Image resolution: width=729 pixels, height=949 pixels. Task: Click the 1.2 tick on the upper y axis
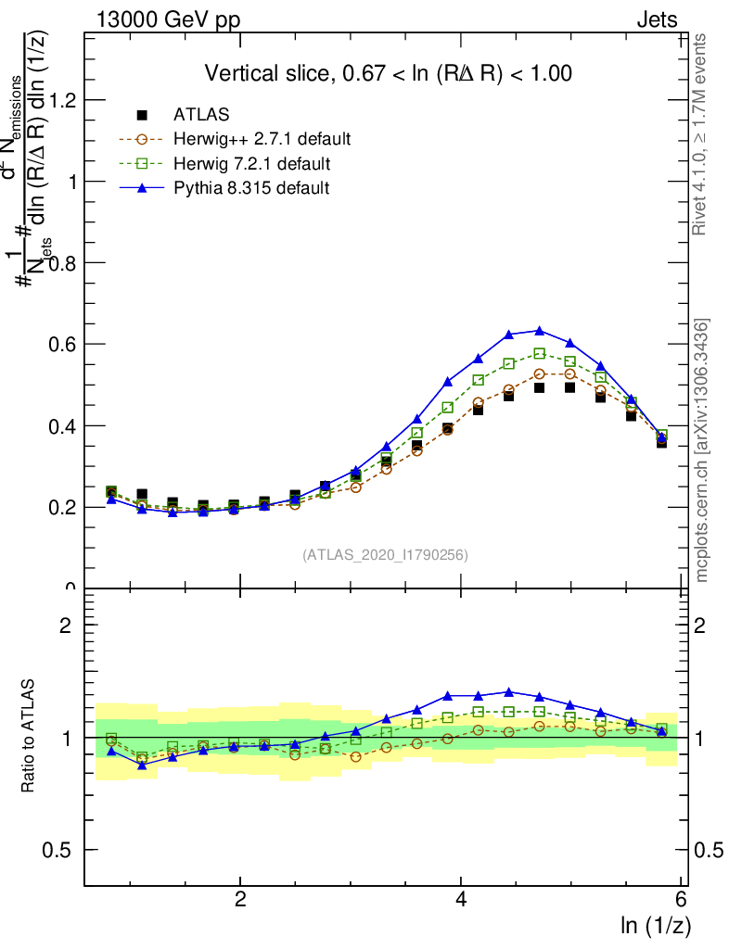62,100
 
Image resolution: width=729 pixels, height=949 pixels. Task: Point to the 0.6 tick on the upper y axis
62,345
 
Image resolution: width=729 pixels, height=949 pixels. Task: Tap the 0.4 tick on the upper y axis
62,426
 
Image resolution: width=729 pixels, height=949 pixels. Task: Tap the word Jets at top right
656,19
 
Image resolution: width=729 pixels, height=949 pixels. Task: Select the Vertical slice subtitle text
388,73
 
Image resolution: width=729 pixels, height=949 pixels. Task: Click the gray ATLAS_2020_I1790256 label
385,555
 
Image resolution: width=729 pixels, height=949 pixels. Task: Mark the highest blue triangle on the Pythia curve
540,330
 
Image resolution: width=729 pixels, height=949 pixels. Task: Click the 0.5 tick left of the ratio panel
62,850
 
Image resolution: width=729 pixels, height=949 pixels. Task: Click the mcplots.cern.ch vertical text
703,450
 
